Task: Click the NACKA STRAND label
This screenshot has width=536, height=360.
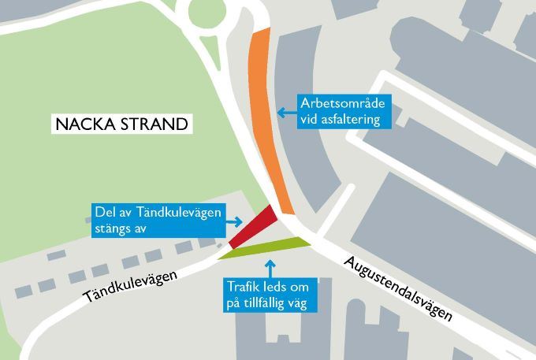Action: point(121,124)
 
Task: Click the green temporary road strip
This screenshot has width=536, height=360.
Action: point(268,247)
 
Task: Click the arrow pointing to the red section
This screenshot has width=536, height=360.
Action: point(235,221)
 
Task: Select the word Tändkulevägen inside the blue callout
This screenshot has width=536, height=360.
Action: point(175,213)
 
